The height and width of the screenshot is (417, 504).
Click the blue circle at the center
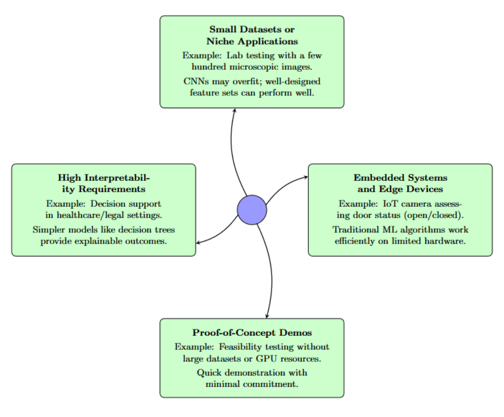click(252, 210)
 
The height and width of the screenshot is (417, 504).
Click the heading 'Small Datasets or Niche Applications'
click(252, 35)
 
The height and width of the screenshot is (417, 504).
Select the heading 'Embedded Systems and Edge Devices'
click(400, 183)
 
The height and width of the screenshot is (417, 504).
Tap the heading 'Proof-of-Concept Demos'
click(252, 332)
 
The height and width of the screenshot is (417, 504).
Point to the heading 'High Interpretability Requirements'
click(104, 183)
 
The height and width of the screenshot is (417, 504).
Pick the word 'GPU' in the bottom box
click(266, 359)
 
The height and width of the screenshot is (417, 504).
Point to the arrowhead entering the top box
click(234, 111)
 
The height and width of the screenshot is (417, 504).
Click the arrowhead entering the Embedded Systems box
click(306, 177)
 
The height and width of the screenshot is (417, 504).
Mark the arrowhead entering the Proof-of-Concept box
click(267, 316)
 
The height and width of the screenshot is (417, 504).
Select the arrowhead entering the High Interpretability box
click(198, 243)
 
